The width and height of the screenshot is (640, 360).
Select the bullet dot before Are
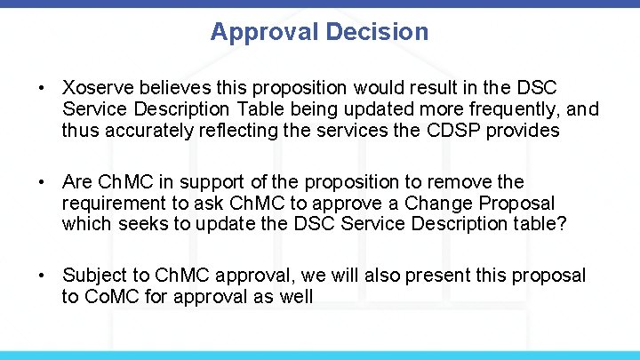click(42, 182)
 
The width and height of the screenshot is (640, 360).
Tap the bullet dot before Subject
click(42, 276)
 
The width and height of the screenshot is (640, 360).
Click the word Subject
click(95, 276)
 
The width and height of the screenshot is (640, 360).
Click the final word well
click(296, 297)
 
